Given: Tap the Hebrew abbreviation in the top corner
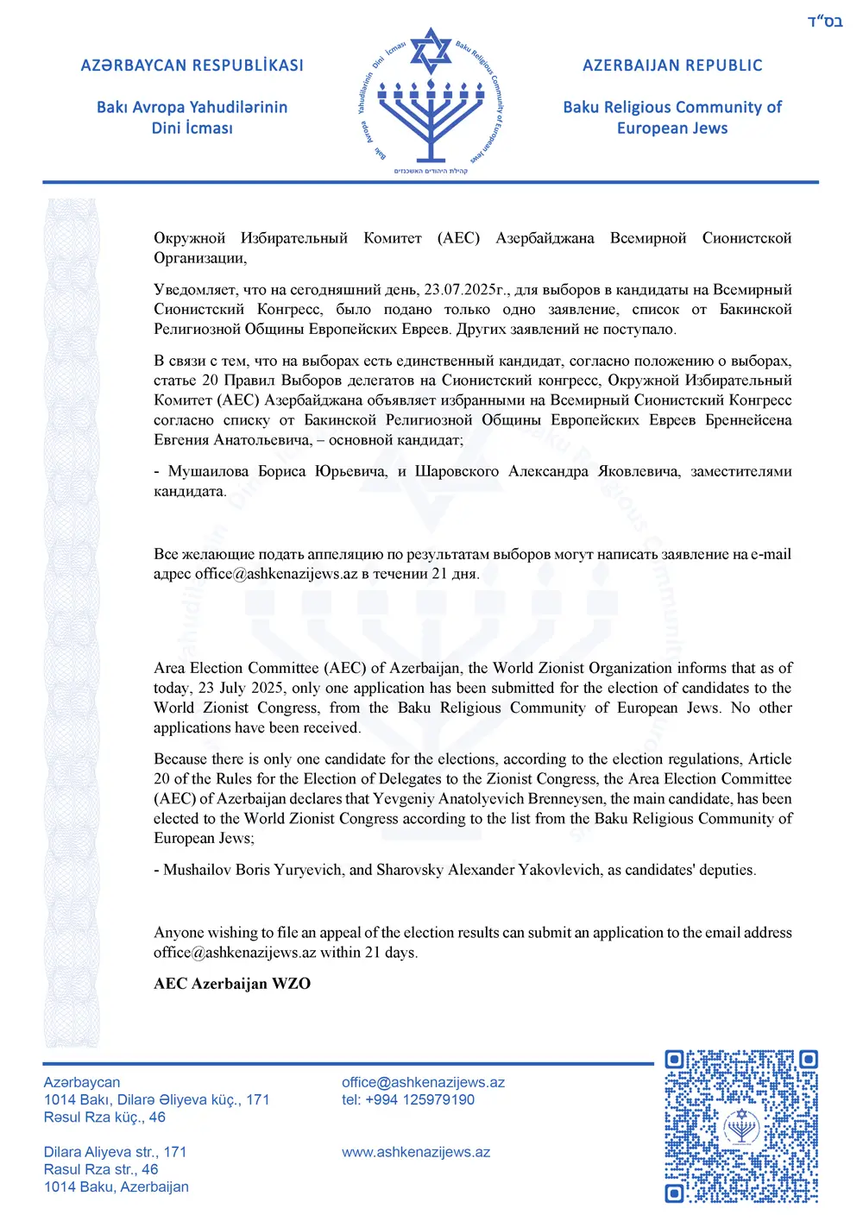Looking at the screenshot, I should pyautogui.click(x=825, y=22).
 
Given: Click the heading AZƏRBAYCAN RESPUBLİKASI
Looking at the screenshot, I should pyautogui.click(x=192, y=66).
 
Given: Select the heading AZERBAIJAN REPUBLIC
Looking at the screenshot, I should pyautogui.click(x=672, y=66).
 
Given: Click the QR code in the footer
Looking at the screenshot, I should pyautogui.click(x=741, y=1126).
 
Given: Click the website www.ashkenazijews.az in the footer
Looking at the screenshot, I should pyautogui.click(x=416, y=1152).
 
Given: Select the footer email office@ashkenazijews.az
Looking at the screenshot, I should pyautogui.click(x=423, y=1082).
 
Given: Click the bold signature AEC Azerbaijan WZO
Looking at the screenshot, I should pyautogui.click(x=232, y=984).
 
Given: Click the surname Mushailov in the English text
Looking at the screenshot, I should pyautogui.click(x=197, y=870).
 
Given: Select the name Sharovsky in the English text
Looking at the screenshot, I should pyautogui.click(x=410, y=870).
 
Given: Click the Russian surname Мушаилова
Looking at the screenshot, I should pyautogui.click(x=208, y=471).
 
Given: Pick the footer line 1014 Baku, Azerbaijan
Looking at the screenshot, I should pyautogui.click(x=117, y=1186).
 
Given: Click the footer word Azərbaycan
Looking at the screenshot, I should pyautogui.click(x=82, y=1082).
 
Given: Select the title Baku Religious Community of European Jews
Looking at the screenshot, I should pyautogui.click(x=672, y=117).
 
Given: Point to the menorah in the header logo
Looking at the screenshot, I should pyautogui.click(x=431, y=116).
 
